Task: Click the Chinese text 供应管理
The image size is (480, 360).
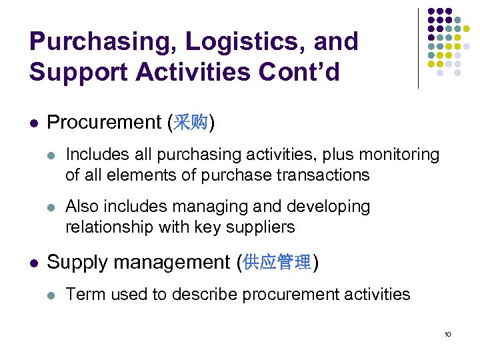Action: pyautogui.click(x=277, y=263)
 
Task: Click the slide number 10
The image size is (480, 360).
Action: pyautogui.click(x=447, y=333)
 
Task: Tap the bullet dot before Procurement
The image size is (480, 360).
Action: pyautogui.click(x=34, y=123)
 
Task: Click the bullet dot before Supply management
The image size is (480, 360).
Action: pyautogui.click(x=34, y=263)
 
